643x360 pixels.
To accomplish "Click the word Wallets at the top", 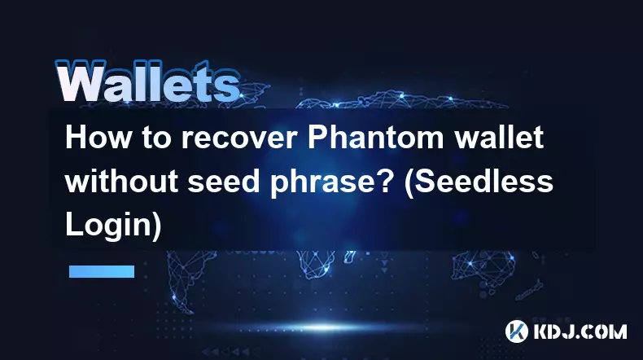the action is click(x=147, y=81).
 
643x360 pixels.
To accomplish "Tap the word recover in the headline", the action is click(x=238, y=138).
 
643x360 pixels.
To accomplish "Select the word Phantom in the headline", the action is click(x=376, y=138).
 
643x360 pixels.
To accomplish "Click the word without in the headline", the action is click(x=121, y=182).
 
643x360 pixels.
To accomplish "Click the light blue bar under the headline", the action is click(x=102, y=271).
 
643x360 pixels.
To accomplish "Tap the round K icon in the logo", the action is click(x=517, y=331).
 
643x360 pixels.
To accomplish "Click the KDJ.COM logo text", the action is click(x=580, y=331).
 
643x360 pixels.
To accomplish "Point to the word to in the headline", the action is click(x=156, y=138).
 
